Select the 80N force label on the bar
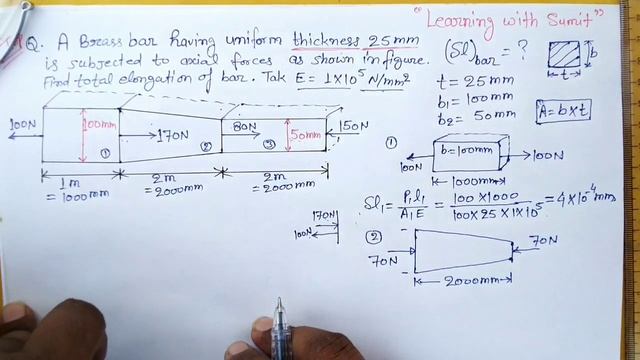click(246, 127)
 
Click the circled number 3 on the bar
click(268, 144)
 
